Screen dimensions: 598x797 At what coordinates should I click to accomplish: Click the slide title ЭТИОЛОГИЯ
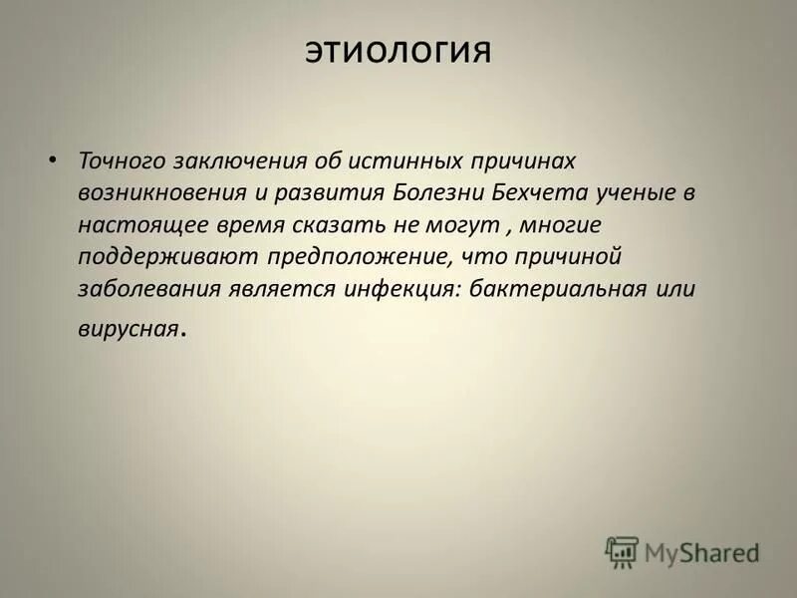(x=398, y=51)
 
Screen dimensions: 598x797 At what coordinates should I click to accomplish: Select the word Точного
(x=123, y=160)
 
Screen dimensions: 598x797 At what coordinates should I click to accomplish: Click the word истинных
(x=393, y=160)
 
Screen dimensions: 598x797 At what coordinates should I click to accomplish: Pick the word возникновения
(x=151, y=192)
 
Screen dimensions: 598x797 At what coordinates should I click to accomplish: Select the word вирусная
(x=128, y=327)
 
